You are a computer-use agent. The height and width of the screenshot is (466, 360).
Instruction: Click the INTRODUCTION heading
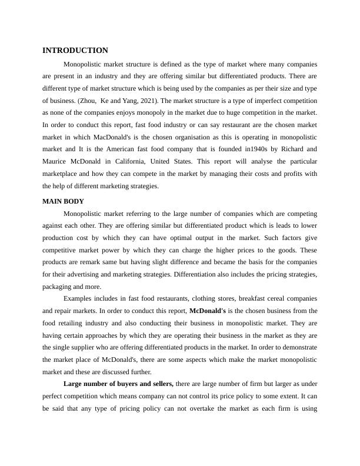point(75,51)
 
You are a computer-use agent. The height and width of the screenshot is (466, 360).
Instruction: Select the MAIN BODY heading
point(63,201)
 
